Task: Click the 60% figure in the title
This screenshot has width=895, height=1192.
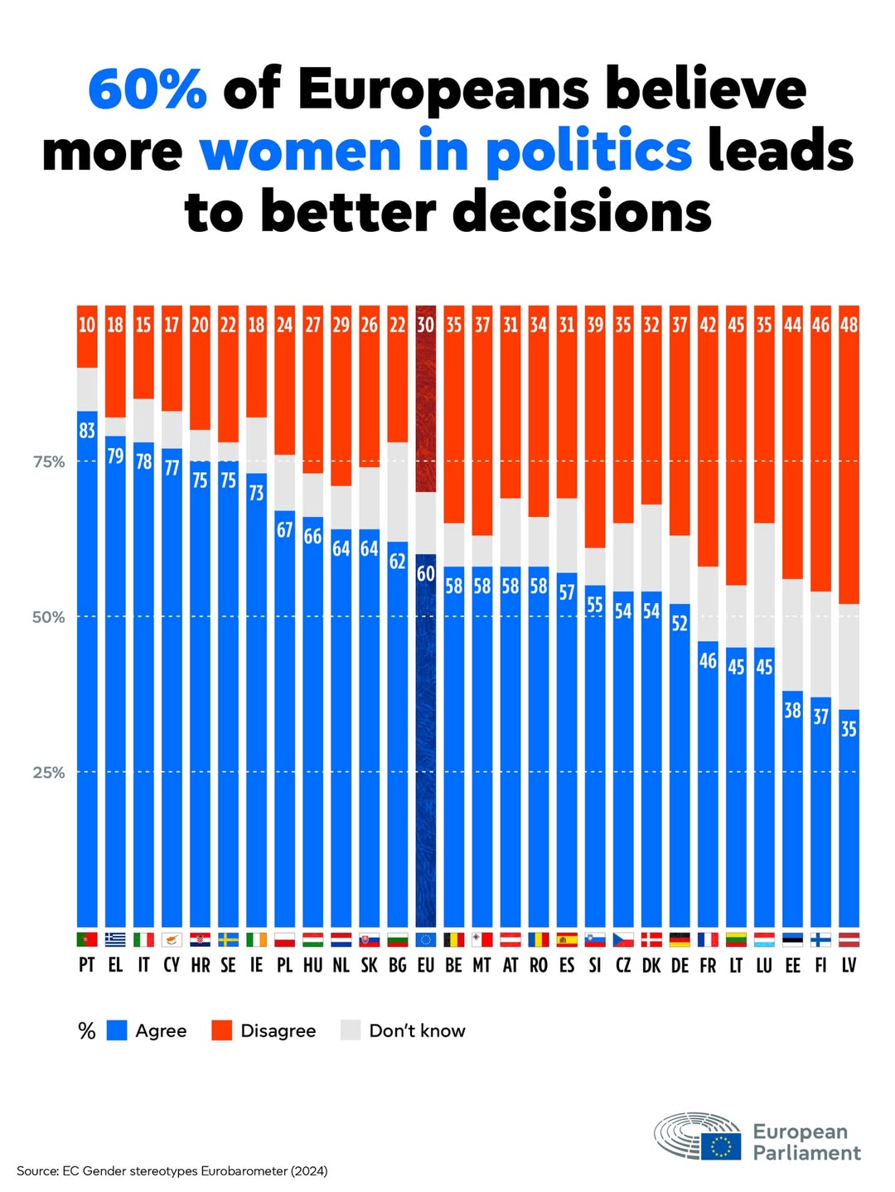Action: pyautogui.click(x=148, y=89)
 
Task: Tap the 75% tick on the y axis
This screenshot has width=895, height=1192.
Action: pyautogui.click(x=49, y=462)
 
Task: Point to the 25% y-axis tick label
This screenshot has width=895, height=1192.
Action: pyautogui.click(x=49, y=773)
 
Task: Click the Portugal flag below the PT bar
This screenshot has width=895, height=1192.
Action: pyautogui.click(x=87, y=939)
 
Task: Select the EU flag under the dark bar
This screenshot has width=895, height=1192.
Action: pyautogui.click(x=426, y=939)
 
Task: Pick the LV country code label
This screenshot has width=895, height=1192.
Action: pyautogui.click(x=849, y=965)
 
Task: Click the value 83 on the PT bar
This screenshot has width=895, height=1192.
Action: pyautogui.click(x=87, y=431)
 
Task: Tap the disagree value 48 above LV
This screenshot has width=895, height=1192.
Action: pyautogui.click(x=849, y=325)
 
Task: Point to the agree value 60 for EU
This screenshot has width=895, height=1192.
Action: pyautogui.click(x=426, y=573)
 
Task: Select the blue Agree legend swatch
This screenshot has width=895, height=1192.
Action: pyautogui.click(x=118, y=1030)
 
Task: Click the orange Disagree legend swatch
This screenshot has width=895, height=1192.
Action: pyautogui.click(x=222, y=1030)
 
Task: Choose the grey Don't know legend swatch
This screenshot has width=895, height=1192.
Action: pyautogui.click(x=351, y=1030)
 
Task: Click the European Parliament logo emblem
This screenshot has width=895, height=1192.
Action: pyautogui.click(x=698, y=1137)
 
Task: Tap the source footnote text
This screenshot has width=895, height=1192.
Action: pyautogui.click(x=172, y=1170)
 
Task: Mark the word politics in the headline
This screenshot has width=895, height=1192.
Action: pyautogui.click(x=588, y=152)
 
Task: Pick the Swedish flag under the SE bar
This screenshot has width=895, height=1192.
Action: pyautogui.click(x=228, y=939)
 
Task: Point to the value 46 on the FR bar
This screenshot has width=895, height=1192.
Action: pyautogui.click(x=708, y=660)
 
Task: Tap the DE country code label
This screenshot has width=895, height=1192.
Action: pyautogui.click(x=680, y=965)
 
